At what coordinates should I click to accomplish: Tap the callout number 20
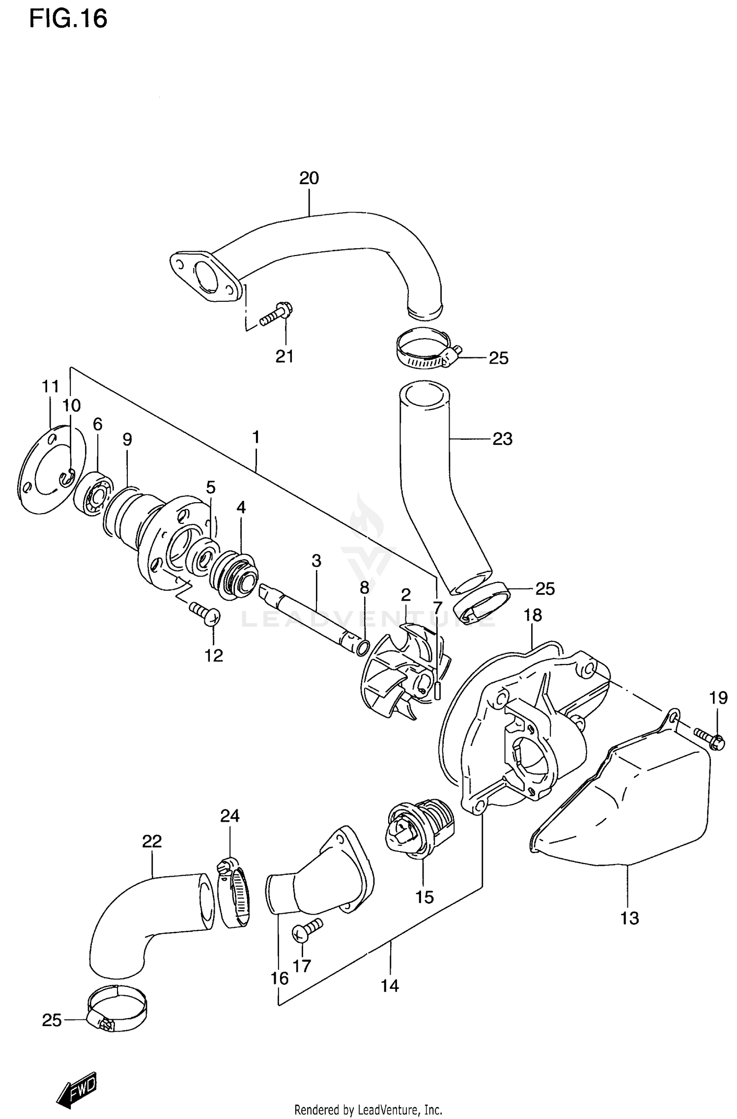point(309,178)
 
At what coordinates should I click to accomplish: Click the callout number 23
point(502,438)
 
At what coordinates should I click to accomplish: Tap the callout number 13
point(629,918)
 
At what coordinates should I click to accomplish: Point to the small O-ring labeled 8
point(362,648)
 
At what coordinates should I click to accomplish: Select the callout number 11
point(50,387)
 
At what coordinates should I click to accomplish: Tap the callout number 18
point(533,615)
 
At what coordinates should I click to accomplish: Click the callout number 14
point(390,986)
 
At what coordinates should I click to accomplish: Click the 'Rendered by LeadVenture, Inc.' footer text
point(368,1110)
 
